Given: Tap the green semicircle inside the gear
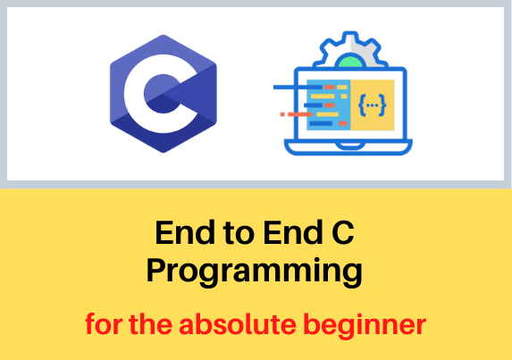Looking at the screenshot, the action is click(350, 62).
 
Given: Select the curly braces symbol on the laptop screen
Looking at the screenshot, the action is click(373, 105).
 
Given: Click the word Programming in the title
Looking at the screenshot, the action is click(255, 271).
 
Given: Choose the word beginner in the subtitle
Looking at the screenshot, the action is click(365, 326).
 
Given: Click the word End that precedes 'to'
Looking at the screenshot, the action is click(185, 232).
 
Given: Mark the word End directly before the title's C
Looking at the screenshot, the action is click(293, 232).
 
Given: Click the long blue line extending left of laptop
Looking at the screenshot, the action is click(298, 88).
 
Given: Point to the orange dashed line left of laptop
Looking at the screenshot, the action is click(296, 114).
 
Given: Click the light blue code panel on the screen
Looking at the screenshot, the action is click(329, 105).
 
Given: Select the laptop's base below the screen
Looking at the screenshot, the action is click(348, 147).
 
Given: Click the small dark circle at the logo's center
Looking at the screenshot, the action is click(163, 94).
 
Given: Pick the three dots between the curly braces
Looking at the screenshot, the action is click(373, 105).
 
